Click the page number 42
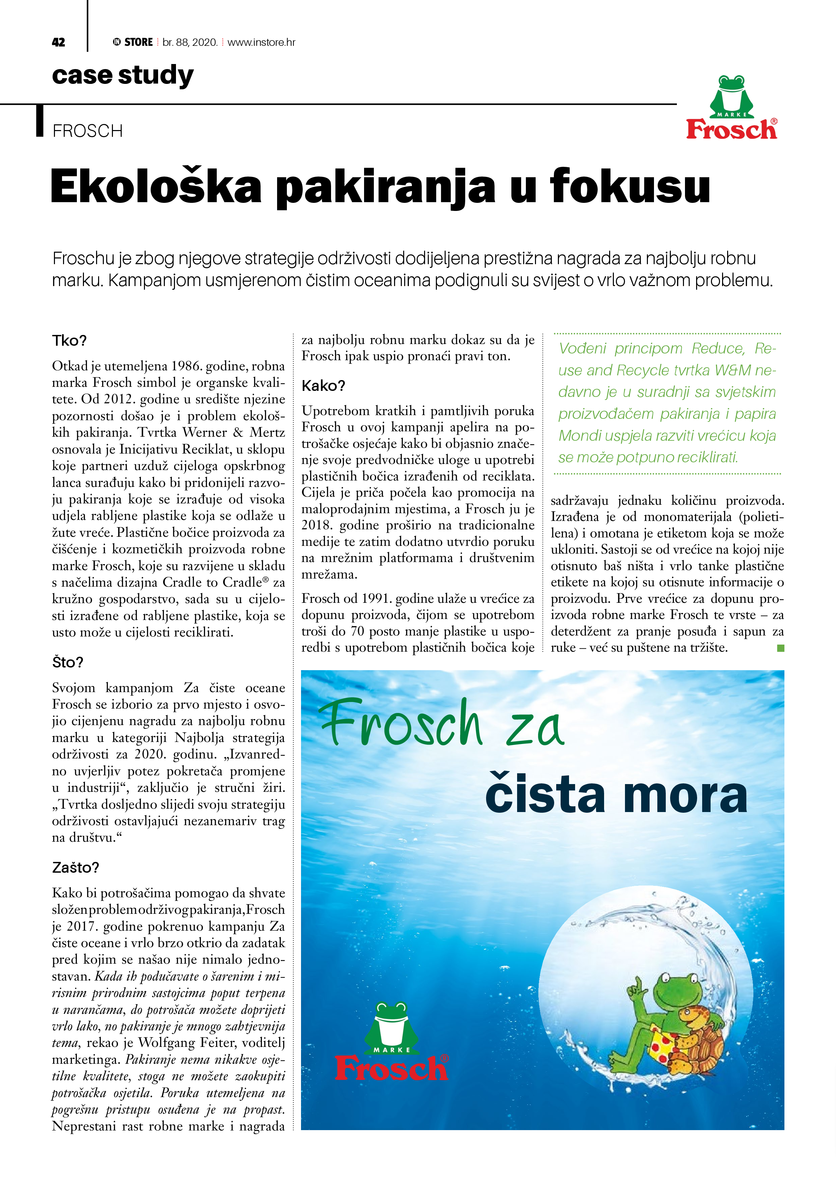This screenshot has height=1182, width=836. tap(58, 42)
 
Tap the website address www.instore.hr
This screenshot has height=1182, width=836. tap(261, 42)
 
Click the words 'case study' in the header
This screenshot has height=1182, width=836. tap(123, 75)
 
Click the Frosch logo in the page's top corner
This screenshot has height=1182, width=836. tap(731, 108)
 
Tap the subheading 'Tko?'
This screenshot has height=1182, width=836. tap(69, 341)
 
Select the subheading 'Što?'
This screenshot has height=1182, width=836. tap(67, 662)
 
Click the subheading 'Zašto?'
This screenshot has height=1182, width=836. tap(75, 867)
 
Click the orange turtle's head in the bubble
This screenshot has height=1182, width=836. tap(689, 1015)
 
